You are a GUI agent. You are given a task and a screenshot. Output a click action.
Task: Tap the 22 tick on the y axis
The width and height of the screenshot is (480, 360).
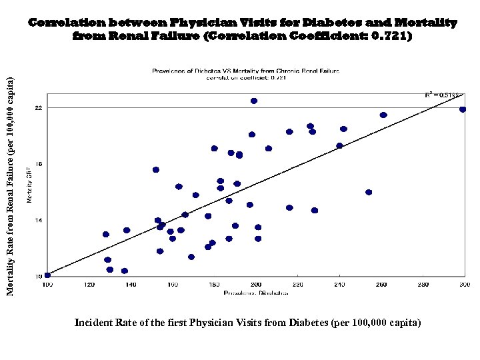pos(38,107)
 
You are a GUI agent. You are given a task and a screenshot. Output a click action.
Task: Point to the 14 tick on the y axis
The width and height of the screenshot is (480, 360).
pos(38,219)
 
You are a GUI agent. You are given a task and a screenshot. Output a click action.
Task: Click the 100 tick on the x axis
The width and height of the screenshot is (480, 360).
pos(47,285)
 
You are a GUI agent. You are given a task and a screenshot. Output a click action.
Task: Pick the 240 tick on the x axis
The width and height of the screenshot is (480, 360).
pos(339,285)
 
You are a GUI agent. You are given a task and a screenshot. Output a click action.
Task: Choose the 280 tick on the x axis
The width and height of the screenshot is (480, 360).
pos(423,285)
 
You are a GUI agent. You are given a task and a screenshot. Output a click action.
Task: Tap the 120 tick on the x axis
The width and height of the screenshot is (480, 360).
pos(89,285)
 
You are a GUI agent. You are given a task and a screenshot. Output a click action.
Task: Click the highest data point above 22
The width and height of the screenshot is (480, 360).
pos(254,101)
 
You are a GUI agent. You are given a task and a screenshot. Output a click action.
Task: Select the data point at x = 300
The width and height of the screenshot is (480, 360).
pos(463,109)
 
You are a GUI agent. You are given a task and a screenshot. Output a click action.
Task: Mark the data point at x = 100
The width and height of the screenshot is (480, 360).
pos(47,275)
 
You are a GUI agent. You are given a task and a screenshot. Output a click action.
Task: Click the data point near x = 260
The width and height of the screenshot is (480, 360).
pos(383,115)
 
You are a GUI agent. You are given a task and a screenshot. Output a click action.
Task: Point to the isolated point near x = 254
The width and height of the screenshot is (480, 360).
pos(369,192)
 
